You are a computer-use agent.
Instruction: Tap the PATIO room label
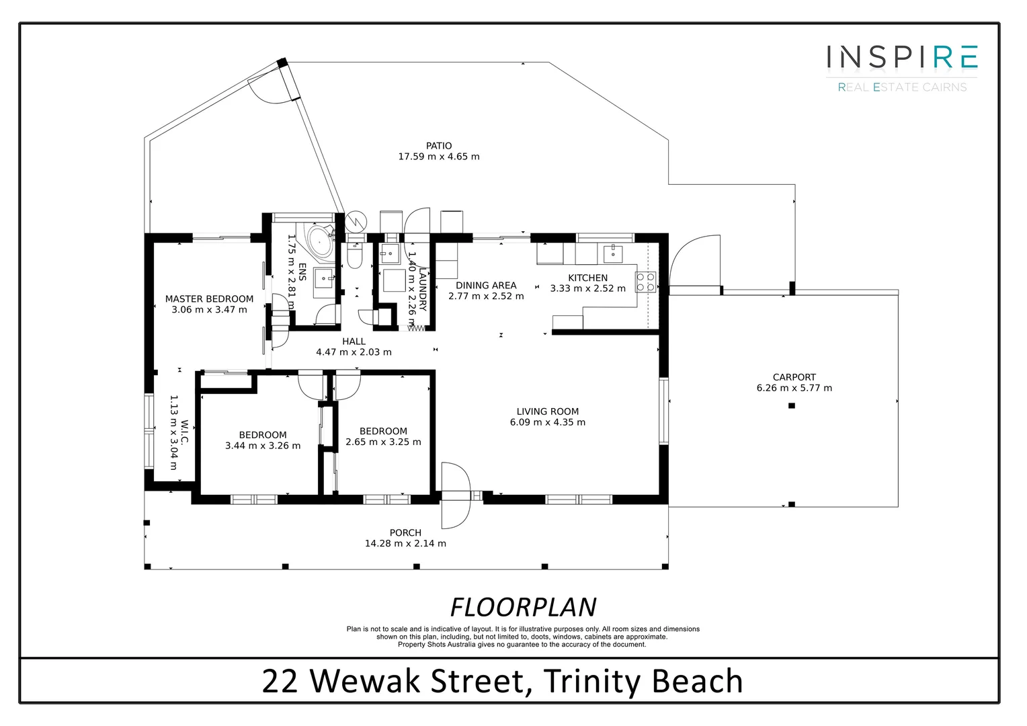pos(439,146)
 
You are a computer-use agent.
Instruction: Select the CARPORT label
pos(794,377)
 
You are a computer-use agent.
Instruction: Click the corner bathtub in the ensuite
pos(318,239)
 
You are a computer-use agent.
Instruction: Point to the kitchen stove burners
pos(645,282)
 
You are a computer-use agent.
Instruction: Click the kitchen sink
pos(613,253)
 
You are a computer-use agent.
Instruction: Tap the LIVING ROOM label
pos(547,411)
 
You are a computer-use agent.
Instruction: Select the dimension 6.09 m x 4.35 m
pos(547,423)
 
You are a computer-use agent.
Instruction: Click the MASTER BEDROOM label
pos(209,299)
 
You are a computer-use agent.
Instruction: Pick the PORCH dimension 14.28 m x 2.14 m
pos(405,544)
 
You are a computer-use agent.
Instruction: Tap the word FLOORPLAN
pos(523,607)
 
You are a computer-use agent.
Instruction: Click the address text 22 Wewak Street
pos(393,681)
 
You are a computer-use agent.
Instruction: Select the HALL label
pos(354,341)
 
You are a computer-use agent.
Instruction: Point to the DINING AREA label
pos(485,285)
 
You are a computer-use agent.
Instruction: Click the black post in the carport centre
pos(792,406)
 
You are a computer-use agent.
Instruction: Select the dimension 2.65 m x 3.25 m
pos(383,442)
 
